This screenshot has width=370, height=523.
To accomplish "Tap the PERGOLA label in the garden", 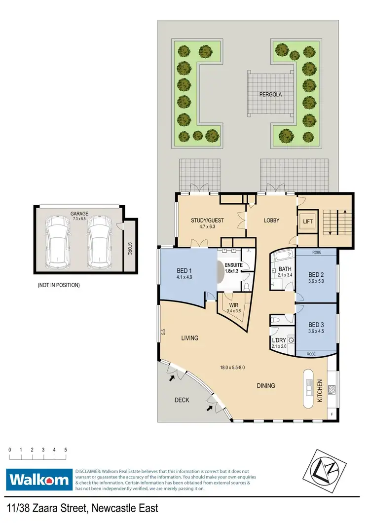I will pyautogui.click(x=271, y=94).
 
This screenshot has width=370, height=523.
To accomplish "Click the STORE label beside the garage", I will pyautogui.click(x=130, y=247).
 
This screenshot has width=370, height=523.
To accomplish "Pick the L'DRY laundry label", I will pyautogui.click(x=279, y=340).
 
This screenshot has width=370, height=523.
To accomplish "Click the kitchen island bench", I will pyautogui.click(x=309, y=388).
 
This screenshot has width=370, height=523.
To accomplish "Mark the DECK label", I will pyautogui.click(x=182, y=400).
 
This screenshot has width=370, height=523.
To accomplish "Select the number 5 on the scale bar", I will pyautogui.click(x=66, y=450).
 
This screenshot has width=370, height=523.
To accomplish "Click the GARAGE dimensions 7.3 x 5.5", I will pyautogui.click(x=79, y=219).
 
